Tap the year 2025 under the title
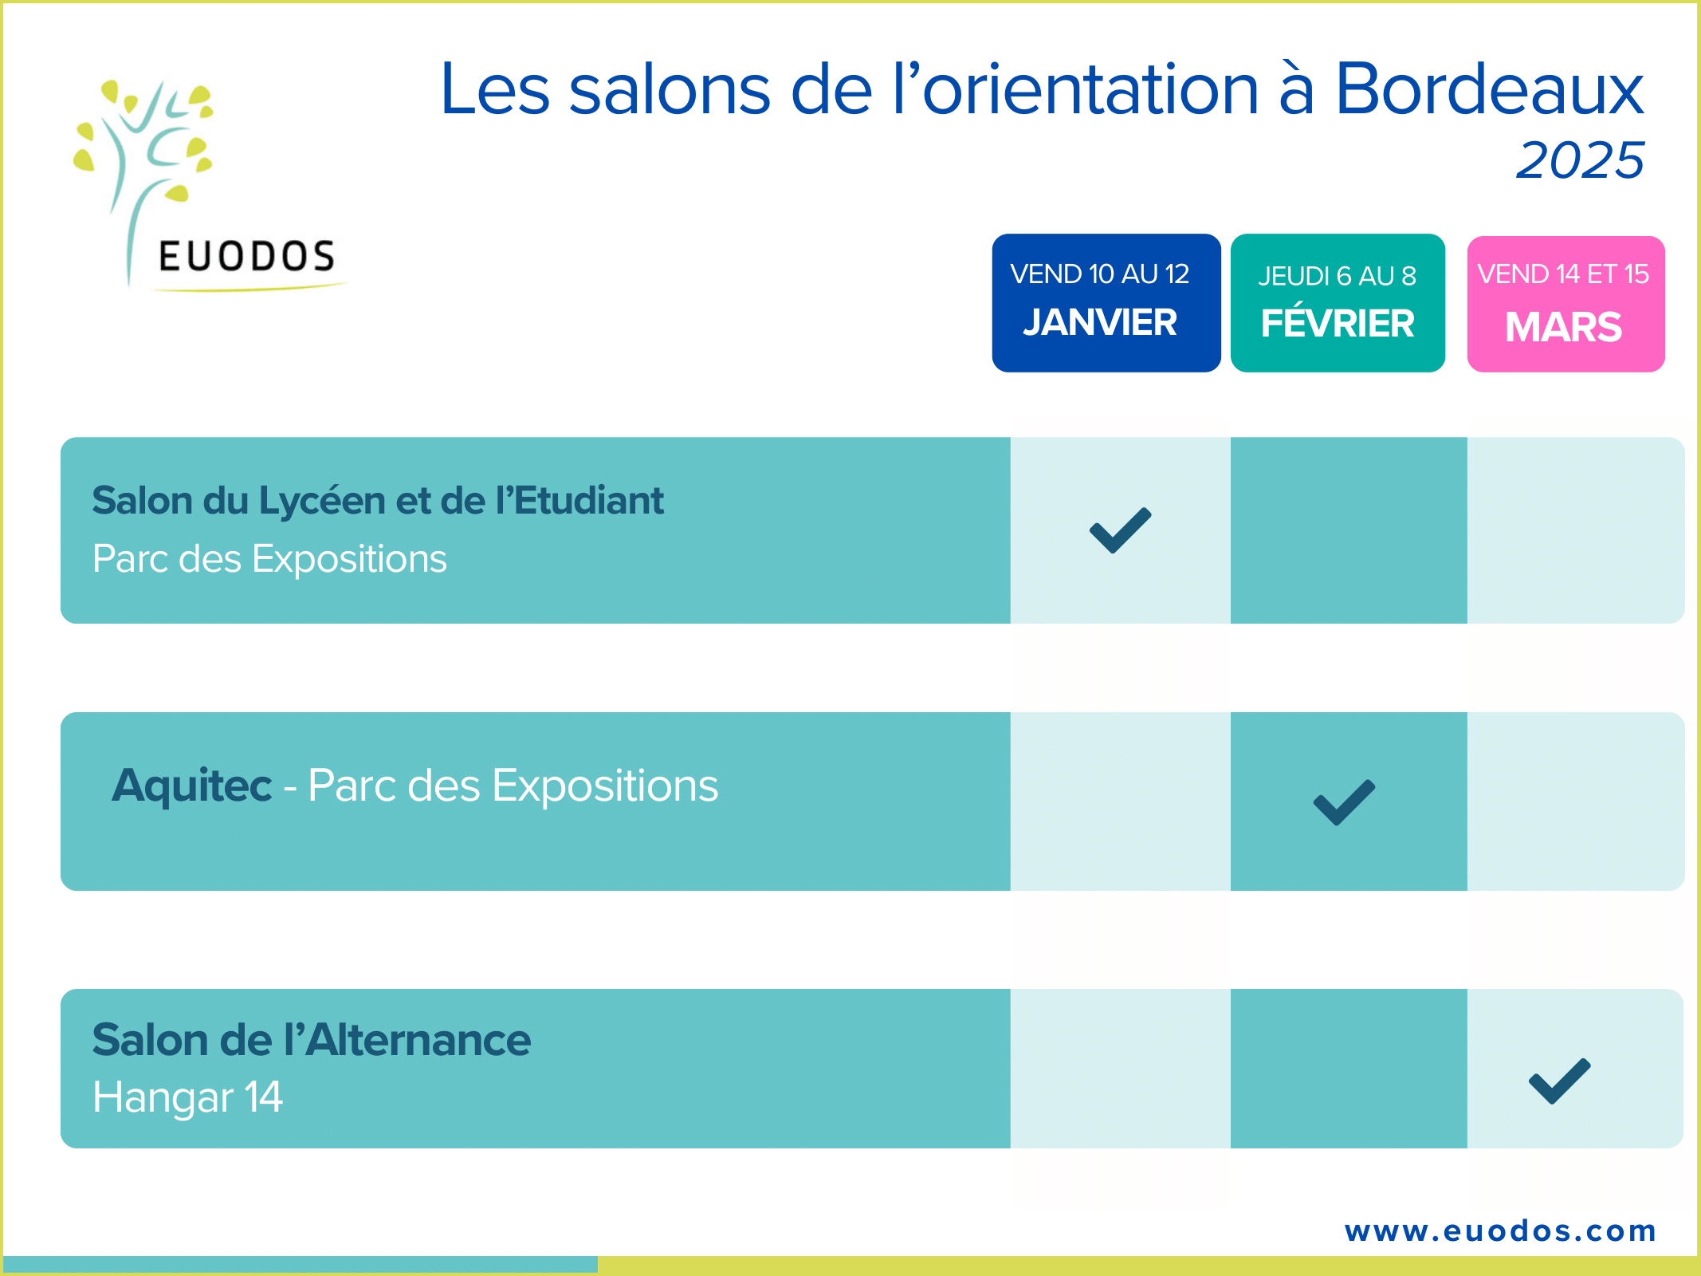(1580, 159)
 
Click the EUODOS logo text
(246, 256)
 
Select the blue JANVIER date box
(1106, 303)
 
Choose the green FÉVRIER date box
(1338, 303)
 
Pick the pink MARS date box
(1565, 304)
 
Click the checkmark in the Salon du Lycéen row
(1121, 530)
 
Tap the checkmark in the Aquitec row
(1345, 802)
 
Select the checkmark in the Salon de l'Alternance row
(1560, 1081)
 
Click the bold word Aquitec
(192, 786)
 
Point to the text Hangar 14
(187, 1097)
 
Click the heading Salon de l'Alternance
(312, 1040)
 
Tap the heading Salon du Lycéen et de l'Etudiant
(378, 501)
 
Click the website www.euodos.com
(1500, 1231)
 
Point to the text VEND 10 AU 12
(1100, 274)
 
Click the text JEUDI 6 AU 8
(1338, 276)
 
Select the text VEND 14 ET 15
(1564, 274)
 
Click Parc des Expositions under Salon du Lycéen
(269, 559)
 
